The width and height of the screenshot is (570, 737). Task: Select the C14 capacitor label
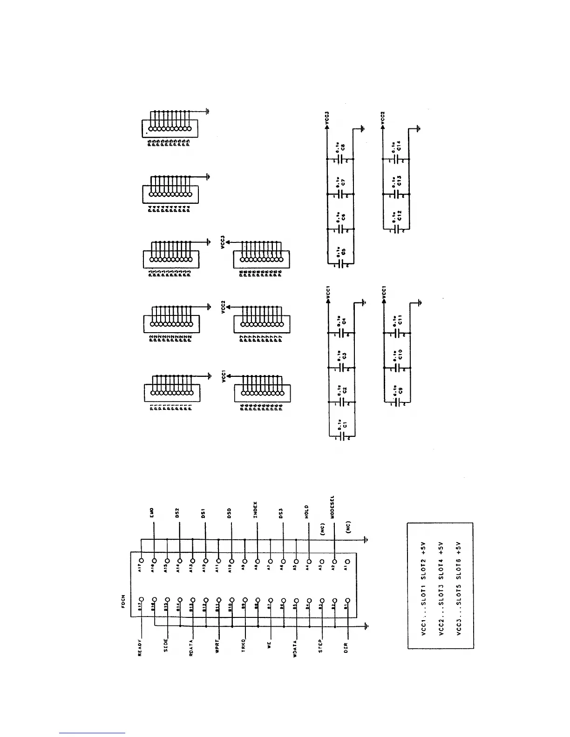(400, 146)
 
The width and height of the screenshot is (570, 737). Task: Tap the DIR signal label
(346, 648)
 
